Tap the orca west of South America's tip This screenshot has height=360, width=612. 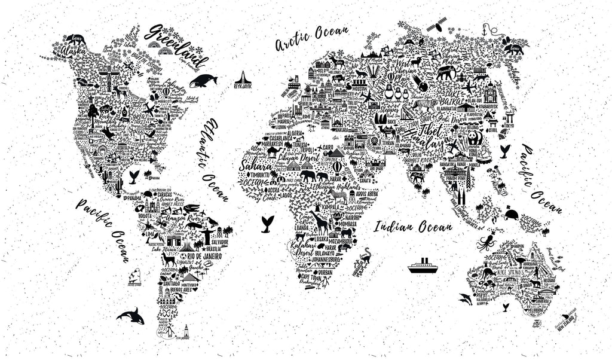[130, 315]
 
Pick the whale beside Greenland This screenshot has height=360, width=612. [203, 80]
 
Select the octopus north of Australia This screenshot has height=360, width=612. [485, 243]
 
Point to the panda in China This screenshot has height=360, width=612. [475, 139]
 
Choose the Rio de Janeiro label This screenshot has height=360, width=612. [207, 257]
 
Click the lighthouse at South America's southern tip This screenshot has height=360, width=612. [186, 330]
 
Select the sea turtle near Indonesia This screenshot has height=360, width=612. [511, 214]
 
